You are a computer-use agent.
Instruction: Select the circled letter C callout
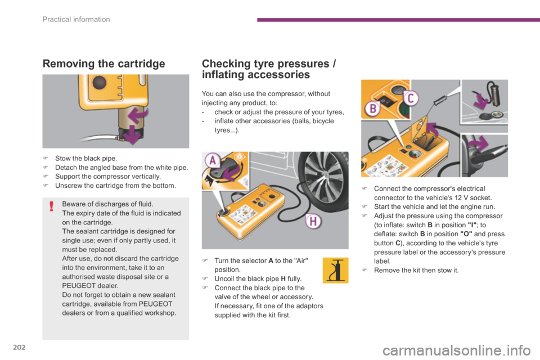coord(411,98)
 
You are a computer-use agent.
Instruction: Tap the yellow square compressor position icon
coord(336,270)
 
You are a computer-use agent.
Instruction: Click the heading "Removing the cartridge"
coord(103,63)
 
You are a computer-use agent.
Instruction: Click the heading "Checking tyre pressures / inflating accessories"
coord(269,68)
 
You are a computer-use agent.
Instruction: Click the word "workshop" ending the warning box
coord(162,313)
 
